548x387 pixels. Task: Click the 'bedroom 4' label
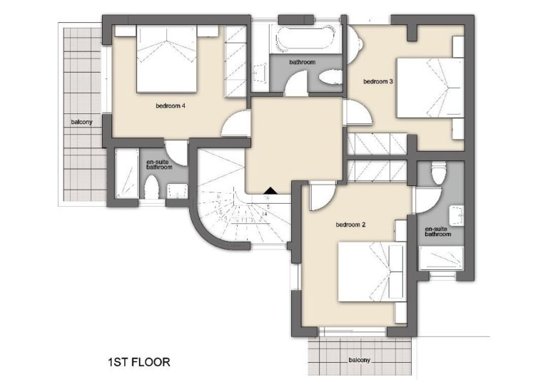coord(171,105)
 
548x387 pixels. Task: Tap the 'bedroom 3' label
coord(378,82)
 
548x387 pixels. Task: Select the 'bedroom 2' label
coord(350,225)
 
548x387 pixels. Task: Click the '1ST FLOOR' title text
coord(139,362)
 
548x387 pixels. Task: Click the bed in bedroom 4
coord(166,59)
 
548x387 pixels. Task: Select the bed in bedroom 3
coord(430,88)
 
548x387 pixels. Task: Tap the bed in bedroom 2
coord(372,272)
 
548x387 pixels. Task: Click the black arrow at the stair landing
coord(270,190)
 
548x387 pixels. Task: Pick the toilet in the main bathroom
coord(330,77)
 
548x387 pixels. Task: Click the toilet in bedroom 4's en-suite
coord(152,187)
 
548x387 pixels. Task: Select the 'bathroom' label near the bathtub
coord(303,62)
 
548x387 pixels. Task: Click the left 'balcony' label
coord(81,122)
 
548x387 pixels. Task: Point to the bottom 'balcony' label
coord(359,360)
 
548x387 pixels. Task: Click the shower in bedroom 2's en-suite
coord(441,258)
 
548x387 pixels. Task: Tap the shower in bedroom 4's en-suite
coord(126,174)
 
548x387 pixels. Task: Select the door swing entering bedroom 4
coord(235,123)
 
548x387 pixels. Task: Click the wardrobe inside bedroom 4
coord(235,61)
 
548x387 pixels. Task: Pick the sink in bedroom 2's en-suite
coord(457,216)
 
